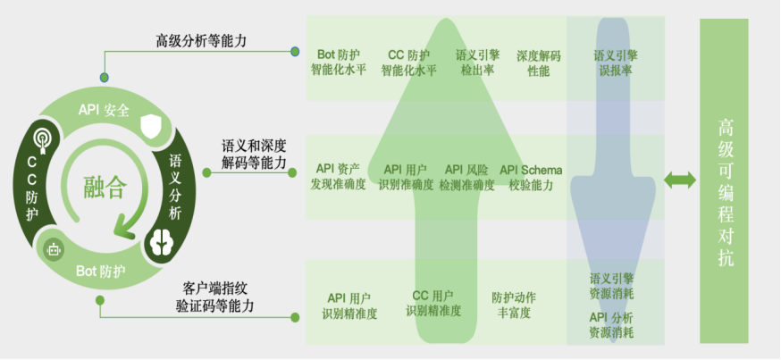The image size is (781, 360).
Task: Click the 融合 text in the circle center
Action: click(x=105, y=188)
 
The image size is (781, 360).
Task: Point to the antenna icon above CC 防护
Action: click(x=39, y=139)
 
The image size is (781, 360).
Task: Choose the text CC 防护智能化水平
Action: click(x=408, y=63)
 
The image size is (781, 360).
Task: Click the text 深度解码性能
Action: click(x=538, y=63)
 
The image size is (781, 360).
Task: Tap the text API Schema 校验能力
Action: click(x=531, y=177)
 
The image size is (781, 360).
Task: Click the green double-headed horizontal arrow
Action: click(x=679, y=180)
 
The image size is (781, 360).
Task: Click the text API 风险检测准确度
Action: click(x=466, y=177)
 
